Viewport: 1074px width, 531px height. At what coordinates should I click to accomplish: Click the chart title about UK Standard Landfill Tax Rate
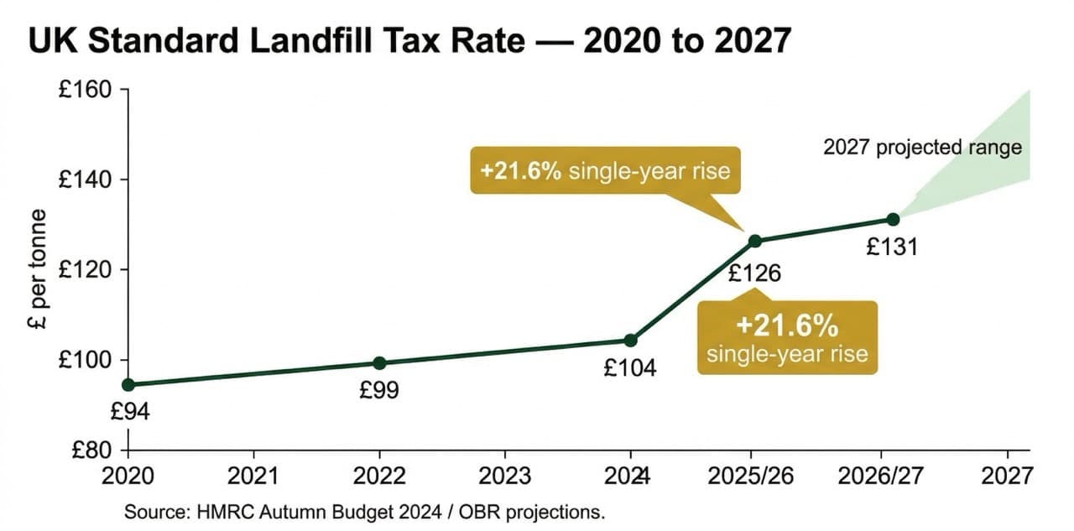tap(409, 40)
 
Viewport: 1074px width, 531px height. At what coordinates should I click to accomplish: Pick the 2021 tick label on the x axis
tap(253, 476)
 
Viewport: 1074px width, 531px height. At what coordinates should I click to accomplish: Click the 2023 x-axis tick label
tap(504, 476)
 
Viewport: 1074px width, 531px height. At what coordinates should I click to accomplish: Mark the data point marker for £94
tap(128, 385)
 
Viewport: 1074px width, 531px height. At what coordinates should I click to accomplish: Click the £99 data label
tap(379, 390)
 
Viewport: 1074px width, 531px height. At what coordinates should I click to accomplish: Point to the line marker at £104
tap(631, 340)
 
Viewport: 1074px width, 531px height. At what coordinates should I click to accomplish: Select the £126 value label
tap(754, 273)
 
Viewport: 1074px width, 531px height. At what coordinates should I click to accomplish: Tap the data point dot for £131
tap(893, 219)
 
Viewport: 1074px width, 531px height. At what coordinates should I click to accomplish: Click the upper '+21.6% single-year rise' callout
tap(605, 172)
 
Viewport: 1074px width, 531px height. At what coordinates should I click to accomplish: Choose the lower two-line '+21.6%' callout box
tap(787, 337)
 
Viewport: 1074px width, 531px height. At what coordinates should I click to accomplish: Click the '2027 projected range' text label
tap(922, 148)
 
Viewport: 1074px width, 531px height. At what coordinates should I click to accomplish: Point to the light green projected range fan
tap(990, 159)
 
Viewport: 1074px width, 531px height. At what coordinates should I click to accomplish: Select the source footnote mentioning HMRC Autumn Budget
tap(364, 512)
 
